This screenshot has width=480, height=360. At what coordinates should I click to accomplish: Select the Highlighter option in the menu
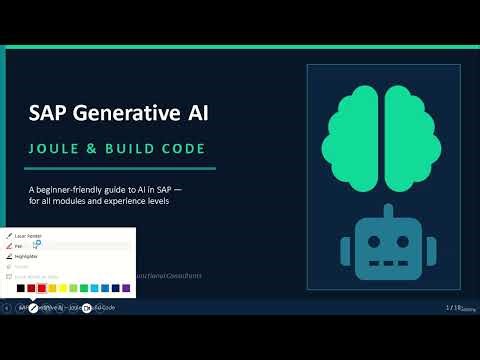click(x=30, y=257)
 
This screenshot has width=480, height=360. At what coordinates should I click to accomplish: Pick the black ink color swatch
click(x=19, y=288)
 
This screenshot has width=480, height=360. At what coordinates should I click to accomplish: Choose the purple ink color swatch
click(x=126, y=288)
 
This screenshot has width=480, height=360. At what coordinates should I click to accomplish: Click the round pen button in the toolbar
click(x=33, y=308)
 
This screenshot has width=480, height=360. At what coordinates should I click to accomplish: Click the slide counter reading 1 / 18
click(x=453, y=307)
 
